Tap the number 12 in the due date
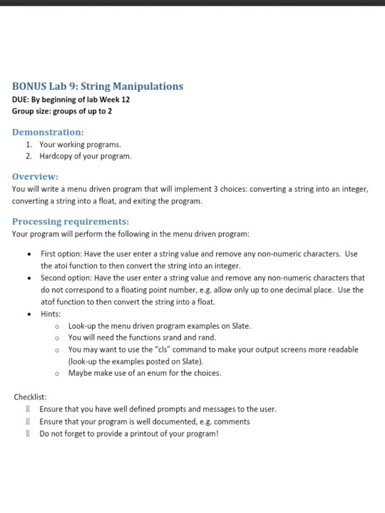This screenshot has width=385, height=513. (125, 99)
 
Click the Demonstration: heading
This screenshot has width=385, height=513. (48, 132)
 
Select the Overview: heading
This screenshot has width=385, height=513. (36, 176)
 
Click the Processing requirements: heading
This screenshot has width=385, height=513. (71, 221)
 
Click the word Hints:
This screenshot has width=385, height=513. (51, 313)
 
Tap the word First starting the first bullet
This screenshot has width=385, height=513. (49, 253)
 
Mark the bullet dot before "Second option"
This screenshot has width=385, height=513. (27, 278)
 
